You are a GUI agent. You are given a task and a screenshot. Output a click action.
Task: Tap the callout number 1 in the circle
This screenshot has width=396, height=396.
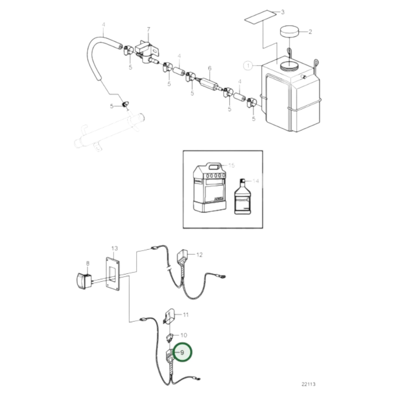point(248,66)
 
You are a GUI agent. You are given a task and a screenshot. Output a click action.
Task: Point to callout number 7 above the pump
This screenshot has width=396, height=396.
point(149,29)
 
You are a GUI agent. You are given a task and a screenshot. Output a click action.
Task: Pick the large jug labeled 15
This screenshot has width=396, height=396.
point(209,189)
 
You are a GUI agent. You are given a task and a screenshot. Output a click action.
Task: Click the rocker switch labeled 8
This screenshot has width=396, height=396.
point(84,281)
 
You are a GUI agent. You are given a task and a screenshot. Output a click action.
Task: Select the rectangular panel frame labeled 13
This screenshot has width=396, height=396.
point(112,274)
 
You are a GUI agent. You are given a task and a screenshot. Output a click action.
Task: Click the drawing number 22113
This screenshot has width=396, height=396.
point(308,384)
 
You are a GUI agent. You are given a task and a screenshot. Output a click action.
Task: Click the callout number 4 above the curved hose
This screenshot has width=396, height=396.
point(103,25)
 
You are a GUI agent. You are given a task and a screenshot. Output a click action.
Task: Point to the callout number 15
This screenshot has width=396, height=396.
point(232,165)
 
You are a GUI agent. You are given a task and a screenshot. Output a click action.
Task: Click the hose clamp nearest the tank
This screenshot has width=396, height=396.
point(251,103)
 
